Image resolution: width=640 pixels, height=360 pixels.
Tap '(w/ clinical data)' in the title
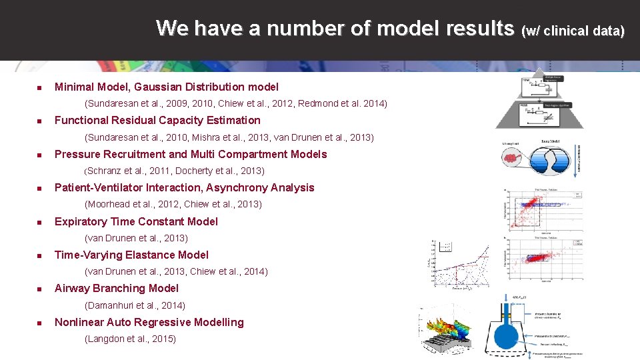point(575,31)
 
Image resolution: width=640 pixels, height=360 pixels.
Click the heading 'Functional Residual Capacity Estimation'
point(157,121)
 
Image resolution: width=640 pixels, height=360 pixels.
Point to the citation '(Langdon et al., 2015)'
point(131,339)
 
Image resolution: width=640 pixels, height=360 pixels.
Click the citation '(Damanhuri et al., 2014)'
point(135,305)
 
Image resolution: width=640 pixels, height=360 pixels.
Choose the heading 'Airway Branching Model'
point(117,289)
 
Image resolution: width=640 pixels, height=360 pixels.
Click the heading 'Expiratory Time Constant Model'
point(136,222)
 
